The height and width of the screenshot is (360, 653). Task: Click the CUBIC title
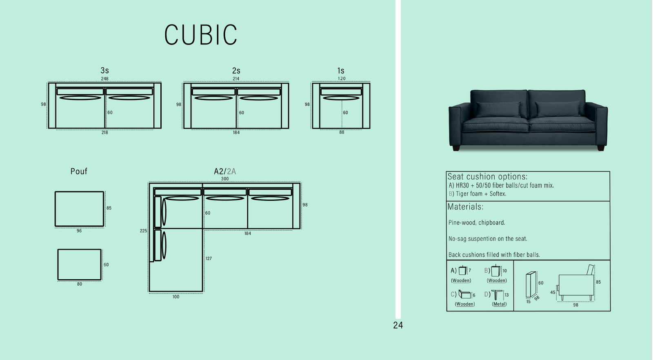click(x=201, y=35)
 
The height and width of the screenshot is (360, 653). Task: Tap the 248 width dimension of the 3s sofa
click(x=104, y=79)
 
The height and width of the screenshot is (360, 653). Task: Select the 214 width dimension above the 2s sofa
click(x=236, y=79)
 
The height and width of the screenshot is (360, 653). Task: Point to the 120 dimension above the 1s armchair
click(x=341, y=78)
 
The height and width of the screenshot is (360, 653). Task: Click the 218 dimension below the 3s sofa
click(x=104, y=133)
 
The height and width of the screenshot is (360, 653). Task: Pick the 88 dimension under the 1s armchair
click(x=342, y=132)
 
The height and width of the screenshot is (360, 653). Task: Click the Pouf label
click(x=79, y=171)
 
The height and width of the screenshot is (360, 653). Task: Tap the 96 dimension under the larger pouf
click(x=79, y=231)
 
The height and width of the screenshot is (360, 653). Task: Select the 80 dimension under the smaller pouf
click(x=79, y=284)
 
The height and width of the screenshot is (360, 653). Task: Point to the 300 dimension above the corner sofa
click(x=225, y=179)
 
